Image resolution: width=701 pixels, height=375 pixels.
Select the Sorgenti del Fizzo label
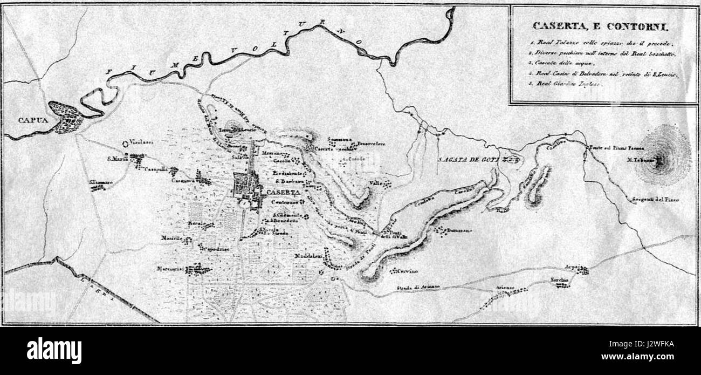656,200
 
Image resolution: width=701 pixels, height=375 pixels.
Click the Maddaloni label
308,256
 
